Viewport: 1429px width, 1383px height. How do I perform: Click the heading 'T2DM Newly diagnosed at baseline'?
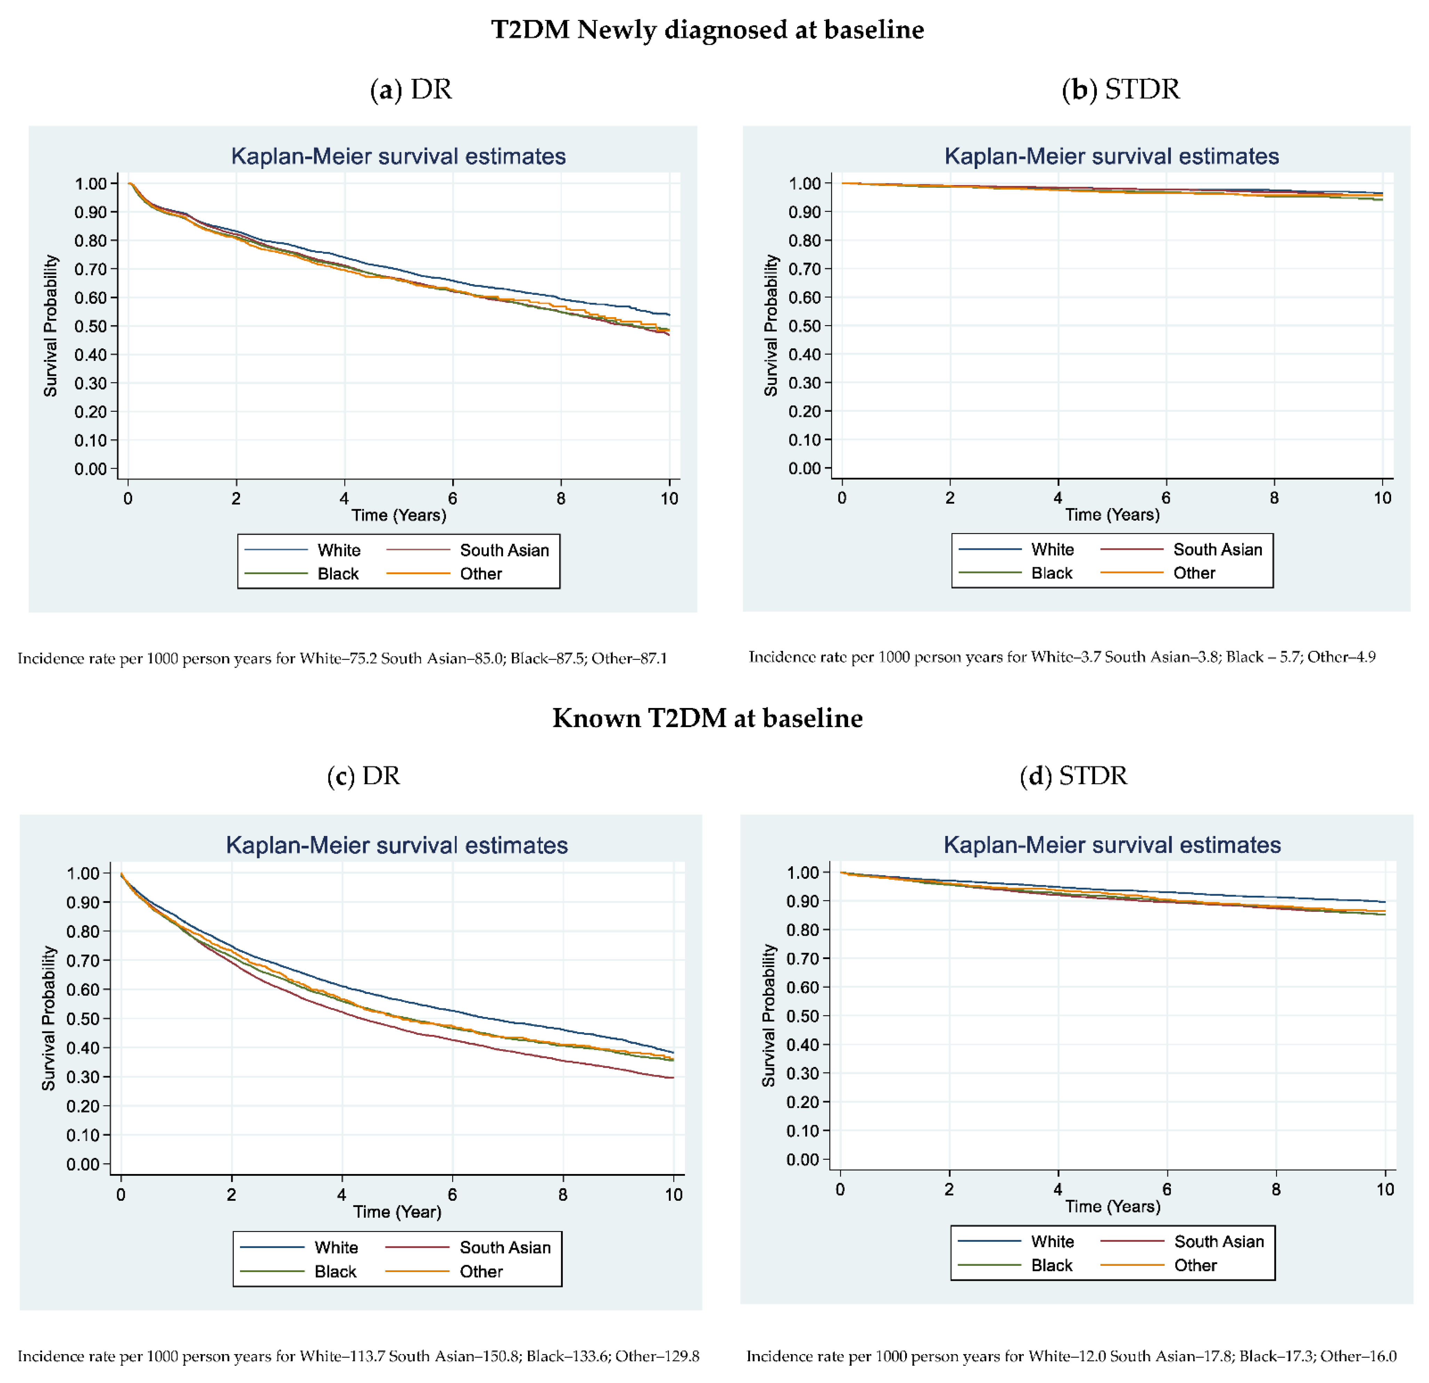coord(707,30)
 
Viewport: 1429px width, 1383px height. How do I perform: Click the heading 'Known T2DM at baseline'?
coord(707,718)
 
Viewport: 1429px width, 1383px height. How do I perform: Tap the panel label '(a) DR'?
coord(411,90)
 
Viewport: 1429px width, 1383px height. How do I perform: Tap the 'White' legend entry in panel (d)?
coord(1052,1241)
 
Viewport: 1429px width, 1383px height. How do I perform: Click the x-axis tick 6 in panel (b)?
coord(1166,498)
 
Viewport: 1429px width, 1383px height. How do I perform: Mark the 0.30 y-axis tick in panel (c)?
coord(83,1077)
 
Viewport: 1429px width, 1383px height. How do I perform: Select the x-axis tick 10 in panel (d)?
coord(1384,1190)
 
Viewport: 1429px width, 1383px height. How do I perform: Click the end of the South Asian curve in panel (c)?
coord(672,1078)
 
